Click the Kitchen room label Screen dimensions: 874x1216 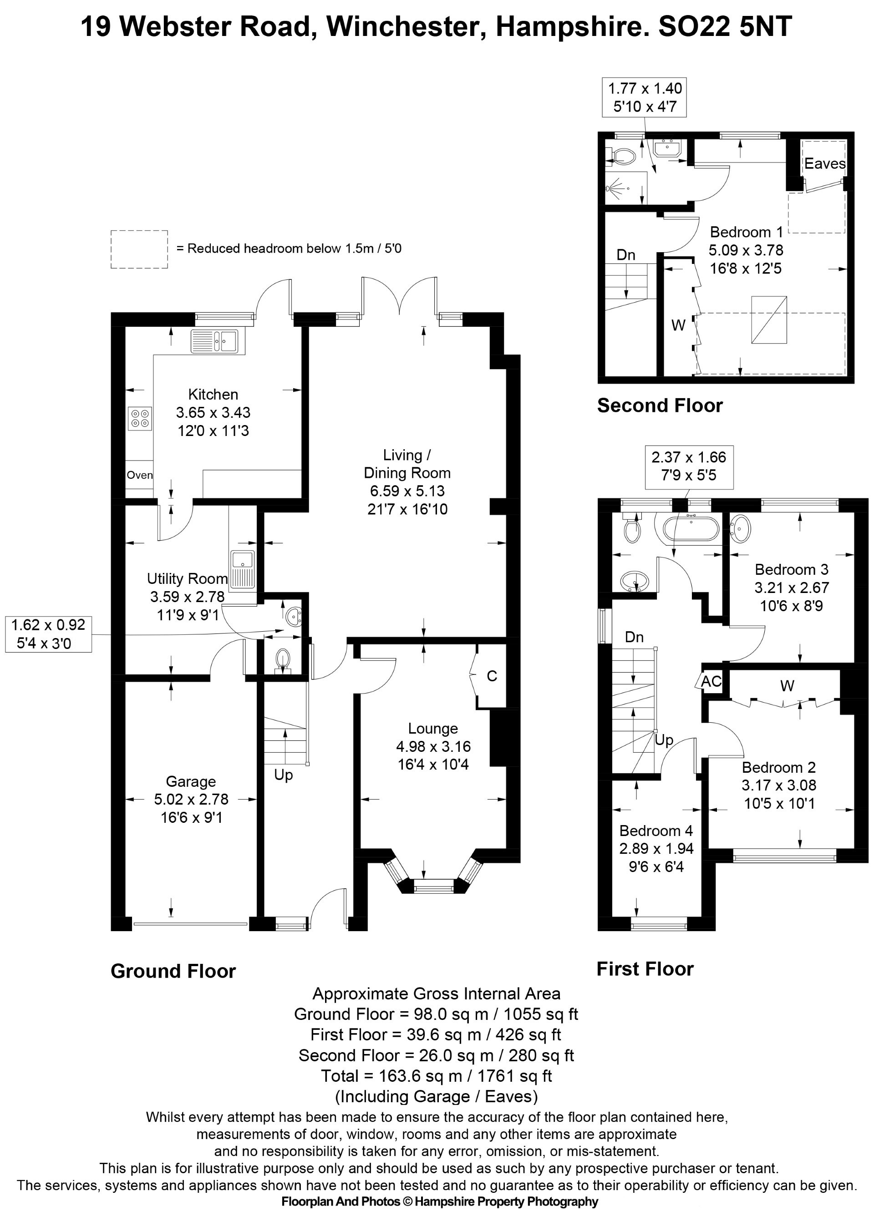coord(213,395)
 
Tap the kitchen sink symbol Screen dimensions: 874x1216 coord(217,341)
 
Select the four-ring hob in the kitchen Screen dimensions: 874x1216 coord(140,418)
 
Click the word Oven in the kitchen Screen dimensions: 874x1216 coord(139,475)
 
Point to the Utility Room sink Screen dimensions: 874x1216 coord(242,569)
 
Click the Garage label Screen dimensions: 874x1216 coord(191,782)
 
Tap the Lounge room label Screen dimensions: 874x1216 coord(433,729)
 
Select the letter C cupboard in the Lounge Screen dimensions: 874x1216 coord(492,676)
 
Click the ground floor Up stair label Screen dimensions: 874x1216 coord(284,775)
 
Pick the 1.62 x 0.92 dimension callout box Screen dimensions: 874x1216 coord(48,634)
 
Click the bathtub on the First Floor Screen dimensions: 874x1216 coord(690,529)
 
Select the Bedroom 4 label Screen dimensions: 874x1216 coord(656,831)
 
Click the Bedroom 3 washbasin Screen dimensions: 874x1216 coord(741,527)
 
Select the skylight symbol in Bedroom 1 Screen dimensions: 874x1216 coord(769,319)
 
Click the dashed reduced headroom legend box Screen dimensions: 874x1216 coord(139,249)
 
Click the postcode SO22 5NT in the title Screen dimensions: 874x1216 coord(725,26)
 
